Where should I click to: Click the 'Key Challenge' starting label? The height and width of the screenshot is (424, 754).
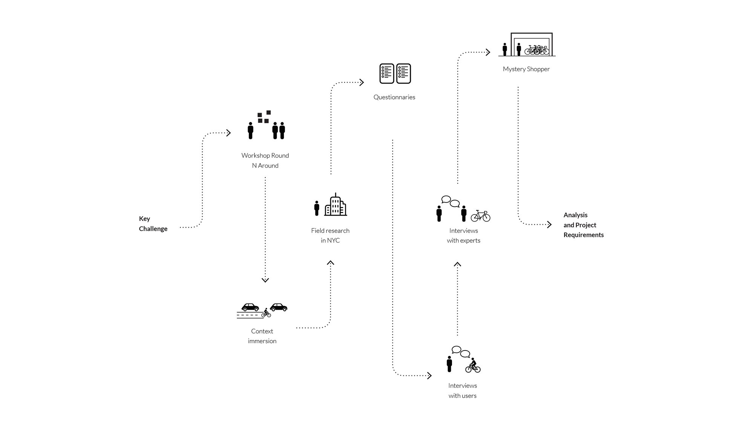coord(153,223)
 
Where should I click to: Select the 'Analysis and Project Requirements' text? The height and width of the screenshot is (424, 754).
coord(583,225)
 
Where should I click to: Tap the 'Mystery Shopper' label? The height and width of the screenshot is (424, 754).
coord(526,69)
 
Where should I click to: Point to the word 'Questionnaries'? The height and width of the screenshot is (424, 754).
coord(394,97)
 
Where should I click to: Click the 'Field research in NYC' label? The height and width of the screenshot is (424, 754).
coord(330,236)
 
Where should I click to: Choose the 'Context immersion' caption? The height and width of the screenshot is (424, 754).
coord(262,336)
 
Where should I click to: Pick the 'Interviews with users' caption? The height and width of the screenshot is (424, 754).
coord(463,391)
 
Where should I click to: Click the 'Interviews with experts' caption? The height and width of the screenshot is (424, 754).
coord(463,236)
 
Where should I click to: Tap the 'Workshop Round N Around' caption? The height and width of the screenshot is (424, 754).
coord(265,161)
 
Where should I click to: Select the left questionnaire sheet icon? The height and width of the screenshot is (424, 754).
coord(386,73)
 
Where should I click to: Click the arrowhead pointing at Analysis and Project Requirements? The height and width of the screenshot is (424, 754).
coord(550,225)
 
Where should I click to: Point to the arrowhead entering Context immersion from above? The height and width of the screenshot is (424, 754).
coord(265,280)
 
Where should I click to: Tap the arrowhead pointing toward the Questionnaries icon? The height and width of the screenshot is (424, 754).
coord(362,82)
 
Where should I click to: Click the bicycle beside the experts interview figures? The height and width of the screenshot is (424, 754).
coord(481,216)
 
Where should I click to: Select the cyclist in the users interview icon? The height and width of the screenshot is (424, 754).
coord(473,365)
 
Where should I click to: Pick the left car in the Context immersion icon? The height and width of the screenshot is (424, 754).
coord(250,307)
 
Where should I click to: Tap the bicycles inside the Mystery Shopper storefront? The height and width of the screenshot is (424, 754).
coord(537,50)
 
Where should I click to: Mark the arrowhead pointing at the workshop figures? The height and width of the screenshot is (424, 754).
coord(228,133)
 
